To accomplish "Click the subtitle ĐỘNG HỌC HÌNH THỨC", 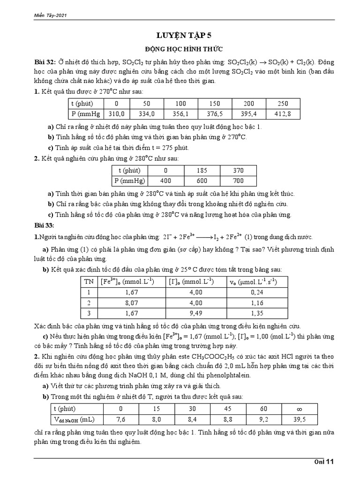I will pos(180,49).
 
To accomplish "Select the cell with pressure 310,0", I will pos(116,113).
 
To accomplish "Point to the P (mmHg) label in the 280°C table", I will pos(130,180).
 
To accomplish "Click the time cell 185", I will pos(202,171).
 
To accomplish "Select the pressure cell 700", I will pos(239,180).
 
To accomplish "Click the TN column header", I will pos(89,281).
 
